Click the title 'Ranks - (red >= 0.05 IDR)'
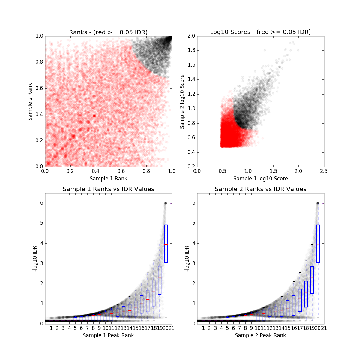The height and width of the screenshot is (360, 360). click(x=108, y=32)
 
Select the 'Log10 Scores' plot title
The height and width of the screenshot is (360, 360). click(x=260, y=32)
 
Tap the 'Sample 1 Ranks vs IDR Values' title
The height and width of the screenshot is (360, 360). click(x=108, y=189)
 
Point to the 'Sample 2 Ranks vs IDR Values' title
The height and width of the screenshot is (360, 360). click(x=260, y=189)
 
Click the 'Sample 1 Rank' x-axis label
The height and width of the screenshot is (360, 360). click(x=108, y=178)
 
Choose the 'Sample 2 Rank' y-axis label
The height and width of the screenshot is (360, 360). click(x=30, y=102)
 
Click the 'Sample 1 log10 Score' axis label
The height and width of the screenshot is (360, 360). click(x=260, y=178)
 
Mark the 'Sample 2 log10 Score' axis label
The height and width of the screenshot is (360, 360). click(x=182, y=102)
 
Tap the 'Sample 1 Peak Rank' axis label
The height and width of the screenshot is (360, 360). click(x=108, y=335)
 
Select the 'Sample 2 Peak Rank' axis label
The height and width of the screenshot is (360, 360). click(x=260, y=335)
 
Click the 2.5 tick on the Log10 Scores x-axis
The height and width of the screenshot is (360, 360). click(x=324, y=171)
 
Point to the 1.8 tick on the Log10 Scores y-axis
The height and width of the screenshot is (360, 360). click(x=191, y=50)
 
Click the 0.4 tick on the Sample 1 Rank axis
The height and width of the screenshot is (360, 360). click(x=96, y=171)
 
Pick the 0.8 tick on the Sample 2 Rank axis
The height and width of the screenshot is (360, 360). click(x=39, y=62)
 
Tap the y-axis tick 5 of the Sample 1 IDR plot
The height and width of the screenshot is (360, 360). click(x=41, y=223)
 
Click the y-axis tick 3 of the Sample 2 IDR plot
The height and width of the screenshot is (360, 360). click(x=193, y=263)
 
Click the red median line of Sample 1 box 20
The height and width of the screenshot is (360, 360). click(x=166, y=244)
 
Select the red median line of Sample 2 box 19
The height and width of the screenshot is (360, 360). click(x=312, y=278)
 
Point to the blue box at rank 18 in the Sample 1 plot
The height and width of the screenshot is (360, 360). click(x=154, y=293)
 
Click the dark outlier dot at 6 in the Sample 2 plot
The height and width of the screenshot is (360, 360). click(x=318, y=203)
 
